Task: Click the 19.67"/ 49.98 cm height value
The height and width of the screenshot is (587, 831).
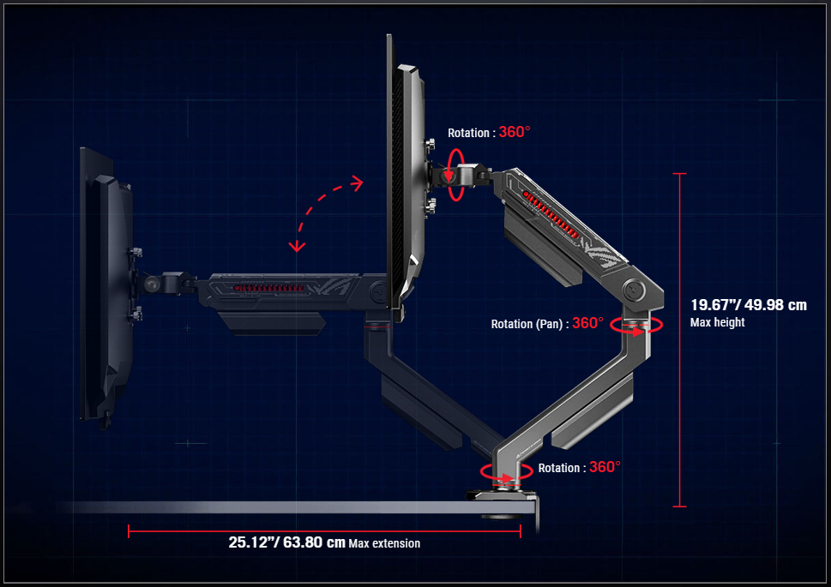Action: [x=748, y=305]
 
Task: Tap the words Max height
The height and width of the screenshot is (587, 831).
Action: [x=717, y=323]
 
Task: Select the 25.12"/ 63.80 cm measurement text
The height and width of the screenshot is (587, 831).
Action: [x=286, y=542]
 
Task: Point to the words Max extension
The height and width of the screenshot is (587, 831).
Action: [x=384, y=543]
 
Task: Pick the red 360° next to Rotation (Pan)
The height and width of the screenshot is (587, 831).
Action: [x=587, y=324]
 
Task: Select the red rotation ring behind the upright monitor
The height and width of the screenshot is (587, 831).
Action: [x=455, y=174]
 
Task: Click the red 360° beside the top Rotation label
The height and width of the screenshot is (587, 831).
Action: [x=515, y=133]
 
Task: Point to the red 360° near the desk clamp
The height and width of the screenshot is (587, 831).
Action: [x=605, y=468]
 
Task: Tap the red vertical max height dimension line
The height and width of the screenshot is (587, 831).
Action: [x=680, y=339]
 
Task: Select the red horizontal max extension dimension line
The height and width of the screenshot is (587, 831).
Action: [x=324, y=530]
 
